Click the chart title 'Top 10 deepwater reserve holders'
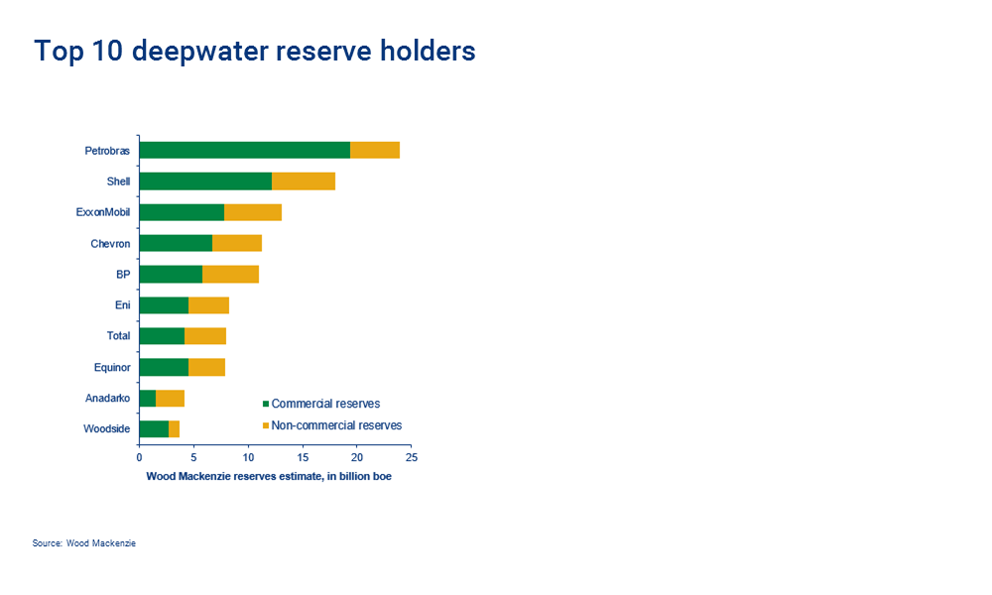coord(255,51)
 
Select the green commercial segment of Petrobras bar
coord(244,150)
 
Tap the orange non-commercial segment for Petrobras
coord(375,150)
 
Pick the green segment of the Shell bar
coord(205,181)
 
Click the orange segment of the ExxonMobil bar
coord(253,212)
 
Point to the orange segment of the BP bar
coord(230,275)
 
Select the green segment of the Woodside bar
coord(154,428)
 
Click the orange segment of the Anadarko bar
coord(170,398)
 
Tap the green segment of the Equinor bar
coord(164,367)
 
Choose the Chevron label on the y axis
coord(110,244)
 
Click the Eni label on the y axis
coord(122,305)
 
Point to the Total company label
coord(118,336)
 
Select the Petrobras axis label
coord(107,151)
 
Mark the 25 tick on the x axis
coord(412,458)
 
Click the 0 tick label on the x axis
coord(139,458)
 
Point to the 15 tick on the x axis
coord(303,458)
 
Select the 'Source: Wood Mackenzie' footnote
coord(83,543)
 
